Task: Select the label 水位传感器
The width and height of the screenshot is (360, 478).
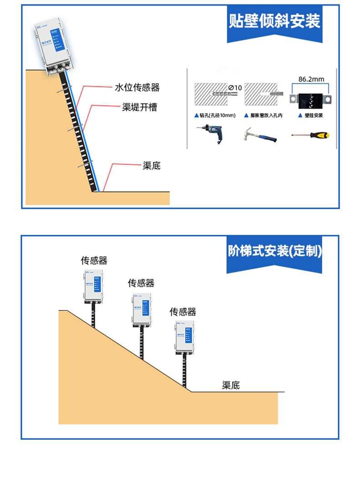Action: tap(137, 88)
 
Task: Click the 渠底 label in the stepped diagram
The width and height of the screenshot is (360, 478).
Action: tap(231, 386)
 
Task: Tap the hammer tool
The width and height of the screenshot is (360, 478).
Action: tap(259, 134)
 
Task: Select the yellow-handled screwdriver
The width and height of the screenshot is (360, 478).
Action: tap(310, 135)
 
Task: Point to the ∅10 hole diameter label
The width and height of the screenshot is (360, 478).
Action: tap(234, 87)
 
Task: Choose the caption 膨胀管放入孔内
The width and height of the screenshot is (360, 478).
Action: tap(263, 116)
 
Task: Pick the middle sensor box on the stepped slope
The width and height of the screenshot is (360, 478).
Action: tap(142, 309)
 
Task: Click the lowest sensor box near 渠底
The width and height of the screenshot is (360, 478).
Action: tap(185, 336)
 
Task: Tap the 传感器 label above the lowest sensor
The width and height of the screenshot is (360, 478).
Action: tap(183, 312)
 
